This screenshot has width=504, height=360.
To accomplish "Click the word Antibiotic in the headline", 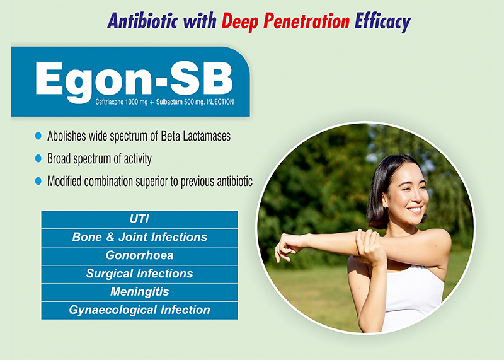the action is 142,21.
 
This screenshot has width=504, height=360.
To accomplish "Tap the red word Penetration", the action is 306,21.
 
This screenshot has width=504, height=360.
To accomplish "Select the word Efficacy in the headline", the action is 382,22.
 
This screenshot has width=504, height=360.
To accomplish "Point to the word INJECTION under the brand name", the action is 220,102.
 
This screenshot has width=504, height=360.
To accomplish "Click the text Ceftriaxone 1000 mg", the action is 121,102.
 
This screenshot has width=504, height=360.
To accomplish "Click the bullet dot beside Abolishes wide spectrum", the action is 38,136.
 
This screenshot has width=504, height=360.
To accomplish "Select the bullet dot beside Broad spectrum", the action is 38,158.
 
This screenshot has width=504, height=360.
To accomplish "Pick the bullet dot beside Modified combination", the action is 38,181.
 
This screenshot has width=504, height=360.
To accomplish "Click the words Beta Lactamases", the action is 196,136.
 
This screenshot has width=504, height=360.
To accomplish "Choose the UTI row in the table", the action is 139,219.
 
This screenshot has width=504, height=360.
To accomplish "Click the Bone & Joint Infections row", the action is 139,238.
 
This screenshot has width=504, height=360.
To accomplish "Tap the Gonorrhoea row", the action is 139,256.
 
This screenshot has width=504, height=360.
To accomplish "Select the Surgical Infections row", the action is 139,274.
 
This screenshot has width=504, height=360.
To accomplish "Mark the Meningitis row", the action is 139,292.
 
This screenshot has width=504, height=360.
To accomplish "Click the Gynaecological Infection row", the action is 139,310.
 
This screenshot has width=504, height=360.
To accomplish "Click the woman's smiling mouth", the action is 415,209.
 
